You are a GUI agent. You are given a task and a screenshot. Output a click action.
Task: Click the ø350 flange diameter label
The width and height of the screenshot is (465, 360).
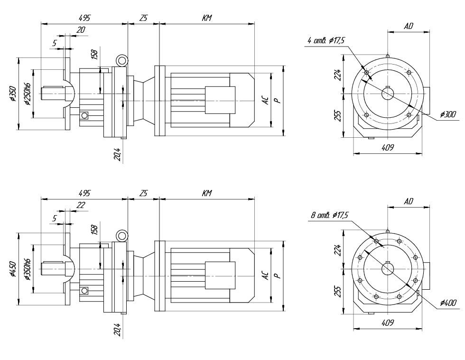coord(13,94)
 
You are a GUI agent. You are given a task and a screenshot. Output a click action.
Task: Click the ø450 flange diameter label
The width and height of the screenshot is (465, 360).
coord(13,269)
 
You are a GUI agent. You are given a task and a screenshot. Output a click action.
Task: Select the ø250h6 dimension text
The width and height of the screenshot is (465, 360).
coord(28,94)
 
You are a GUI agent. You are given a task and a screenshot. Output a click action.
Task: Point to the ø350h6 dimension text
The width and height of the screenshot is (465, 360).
coord(28,269)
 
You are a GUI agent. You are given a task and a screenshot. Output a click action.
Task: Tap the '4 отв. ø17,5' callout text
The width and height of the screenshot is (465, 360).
coord(325,40)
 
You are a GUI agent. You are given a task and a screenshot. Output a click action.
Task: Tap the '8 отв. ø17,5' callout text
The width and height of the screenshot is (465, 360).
coord(329,215)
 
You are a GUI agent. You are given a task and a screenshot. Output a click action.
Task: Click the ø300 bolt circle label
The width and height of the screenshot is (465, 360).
coord(448,114)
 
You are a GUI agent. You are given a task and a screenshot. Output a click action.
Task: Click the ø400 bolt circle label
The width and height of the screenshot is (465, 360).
coord(448,303)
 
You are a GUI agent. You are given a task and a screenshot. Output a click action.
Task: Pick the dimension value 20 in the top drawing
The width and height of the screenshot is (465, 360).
coord(81,30)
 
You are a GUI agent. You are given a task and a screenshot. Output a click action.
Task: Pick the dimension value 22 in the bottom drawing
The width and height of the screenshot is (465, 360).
coord(81,205)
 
